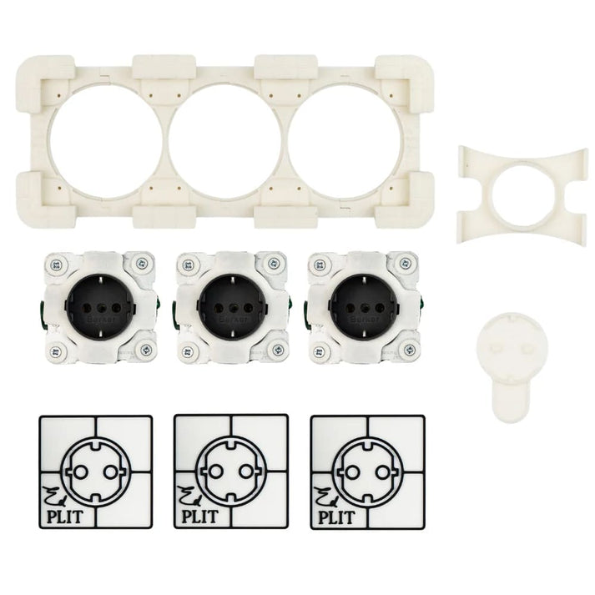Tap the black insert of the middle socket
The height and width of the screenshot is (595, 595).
[226, 305]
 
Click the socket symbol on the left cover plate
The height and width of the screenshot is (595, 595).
[96, 471]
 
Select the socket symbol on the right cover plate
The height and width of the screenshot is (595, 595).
[366, 471]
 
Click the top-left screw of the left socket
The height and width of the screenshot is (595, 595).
[57, 265]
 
